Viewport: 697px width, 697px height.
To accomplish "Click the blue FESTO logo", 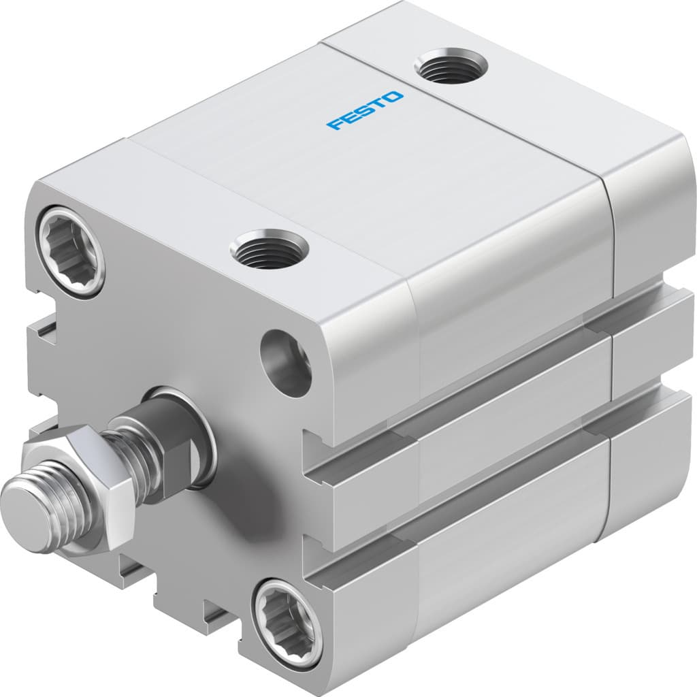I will tap(365, 111).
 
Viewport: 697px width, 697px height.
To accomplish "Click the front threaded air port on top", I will tap(269, 248).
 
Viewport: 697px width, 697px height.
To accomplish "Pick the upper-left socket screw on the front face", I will tap(71, 251).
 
